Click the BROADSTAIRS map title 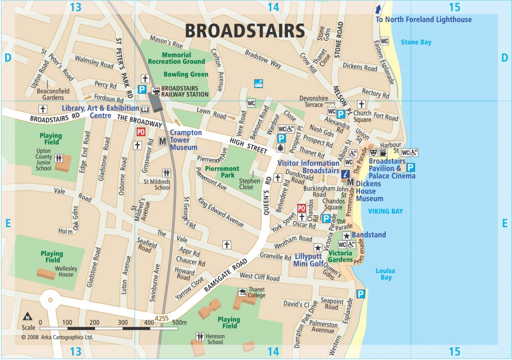245,31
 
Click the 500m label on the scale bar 179,322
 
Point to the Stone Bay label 415,42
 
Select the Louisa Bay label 385,274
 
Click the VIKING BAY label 385,211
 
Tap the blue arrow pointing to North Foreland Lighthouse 378,9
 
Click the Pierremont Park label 222,172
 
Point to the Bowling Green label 185,74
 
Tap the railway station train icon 155,90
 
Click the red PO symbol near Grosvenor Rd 141,132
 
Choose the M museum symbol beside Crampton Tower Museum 162,141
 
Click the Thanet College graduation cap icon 242,292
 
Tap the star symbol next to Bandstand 346,235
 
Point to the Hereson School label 215,339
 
